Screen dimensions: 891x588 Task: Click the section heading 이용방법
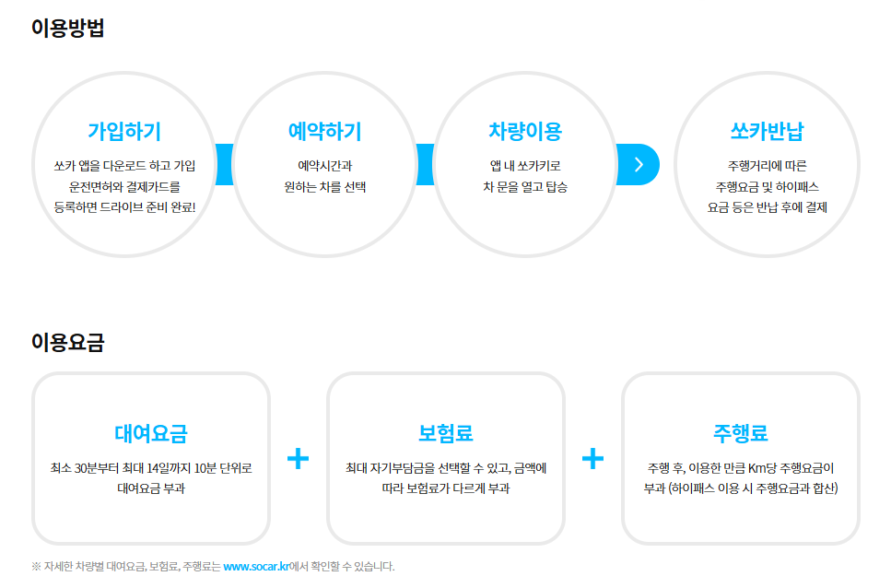(67, 28)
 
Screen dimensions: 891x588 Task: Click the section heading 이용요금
(67, 342)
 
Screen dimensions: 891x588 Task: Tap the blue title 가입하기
(124, 131)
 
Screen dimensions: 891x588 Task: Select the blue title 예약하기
(324, 131)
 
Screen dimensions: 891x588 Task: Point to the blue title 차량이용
(525, 131)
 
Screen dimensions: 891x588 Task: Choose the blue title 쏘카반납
(767, 131)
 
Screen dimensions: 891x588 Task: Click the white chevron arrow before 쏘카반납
(639, 165)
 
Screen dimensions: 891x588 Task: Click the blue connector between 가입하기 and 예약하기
(225, 164)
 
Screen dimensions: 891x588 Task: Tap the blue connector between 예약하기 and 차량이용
(425, 164)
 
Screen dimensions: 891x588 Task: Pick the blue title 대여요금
(150, 433)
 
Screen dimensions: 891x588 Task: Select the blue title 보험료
(446, 433)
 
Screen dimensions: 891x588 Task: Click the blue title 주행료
(741, 433)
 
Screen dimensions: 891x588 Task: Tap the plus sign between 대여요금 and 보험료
(298, 458)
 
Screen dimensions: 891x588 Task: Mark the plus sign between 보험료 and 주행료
(592, 458)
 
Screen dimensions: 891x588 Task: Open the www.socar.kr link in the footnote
(256, 567)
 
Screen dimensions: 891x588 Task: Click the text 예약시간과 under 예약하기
(324, 166)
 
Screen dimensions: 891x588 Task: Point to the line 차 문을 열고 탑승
(525, 187)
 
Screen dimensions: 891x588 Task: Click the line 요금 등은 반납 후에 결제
(767, 207)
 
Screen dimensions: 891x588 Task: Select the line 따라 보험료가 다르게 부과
(446, 488)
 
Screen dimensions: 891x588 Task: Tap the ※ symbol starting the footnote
(36, 567)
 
